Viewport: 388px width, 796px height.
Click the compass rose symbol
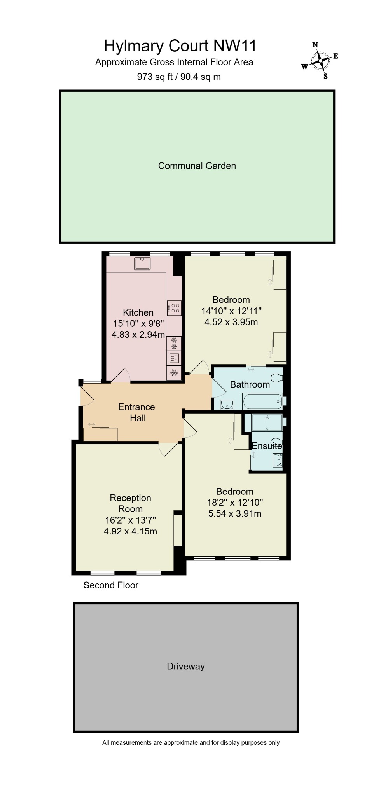pyautogui.click(x=320, y=61)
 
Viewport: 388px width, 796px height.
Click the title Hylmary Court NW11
pyautogui.click(x=180, y=46)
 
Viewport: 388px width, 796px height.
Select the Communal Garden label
pyautogui.click(x=197, y=166)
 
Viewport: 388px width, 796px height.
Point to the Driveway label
pyautogui.click(x=185, y=666)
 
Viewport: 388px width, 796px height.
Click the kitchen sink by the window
pyautogui.click(x=142, y=263)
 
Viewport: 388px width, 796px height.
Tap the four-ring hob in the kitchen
pyautogui.click(x=174, y=308)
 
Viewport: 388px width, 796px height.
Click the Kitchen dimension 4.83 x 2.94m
pyautogui.click(x=138, y=334)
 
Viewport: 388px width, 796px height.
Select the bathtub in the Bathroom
pyautogui.click(x=262, y=401)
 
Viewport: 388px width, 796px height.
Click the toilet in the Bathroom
pyautogui.click(x=277, y=377)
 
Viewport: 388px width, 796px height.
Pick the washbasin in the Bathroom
pyautogui.click(x=226, y=405)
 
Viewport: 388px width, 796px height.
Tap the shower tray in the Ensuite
pyautogui.click(x=267, y=422)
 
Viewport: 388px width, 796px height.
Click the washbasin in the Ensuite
pyautogui.click(x=277, y=461)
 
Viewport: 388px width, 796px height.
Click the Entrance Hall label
pyautogui.click(x=137, y=412)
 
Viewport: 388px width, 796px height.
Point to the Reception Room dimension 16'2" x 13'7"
pyautogui.click(x=130, y=520)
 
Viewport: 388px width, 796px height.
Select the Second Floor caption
pyautogui.click(x=111, y=585)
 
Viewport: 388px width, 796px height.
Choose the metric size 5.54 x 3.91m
pyautogui.click(x=234, y=513)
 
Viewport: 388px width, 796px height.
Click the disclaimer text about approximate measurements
pyautogui.click(x=191, y=743)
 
